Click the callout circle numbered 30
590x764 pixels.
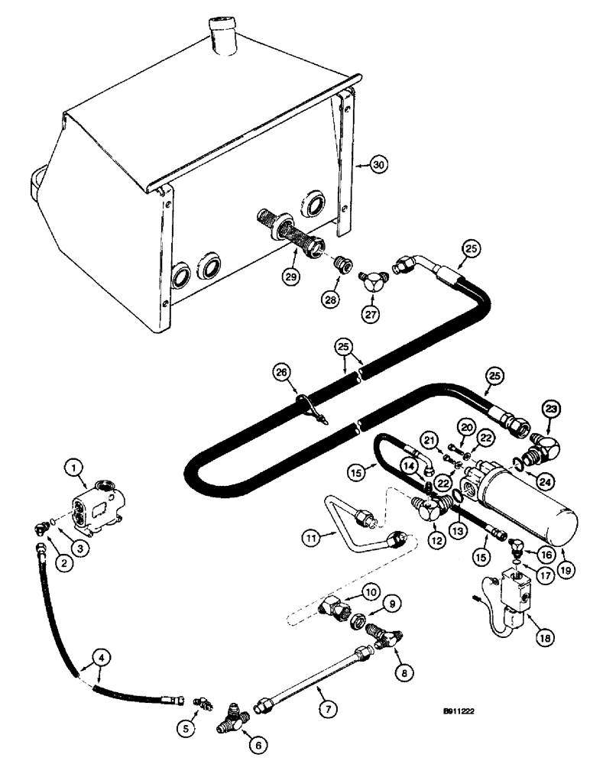[376, 163]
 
